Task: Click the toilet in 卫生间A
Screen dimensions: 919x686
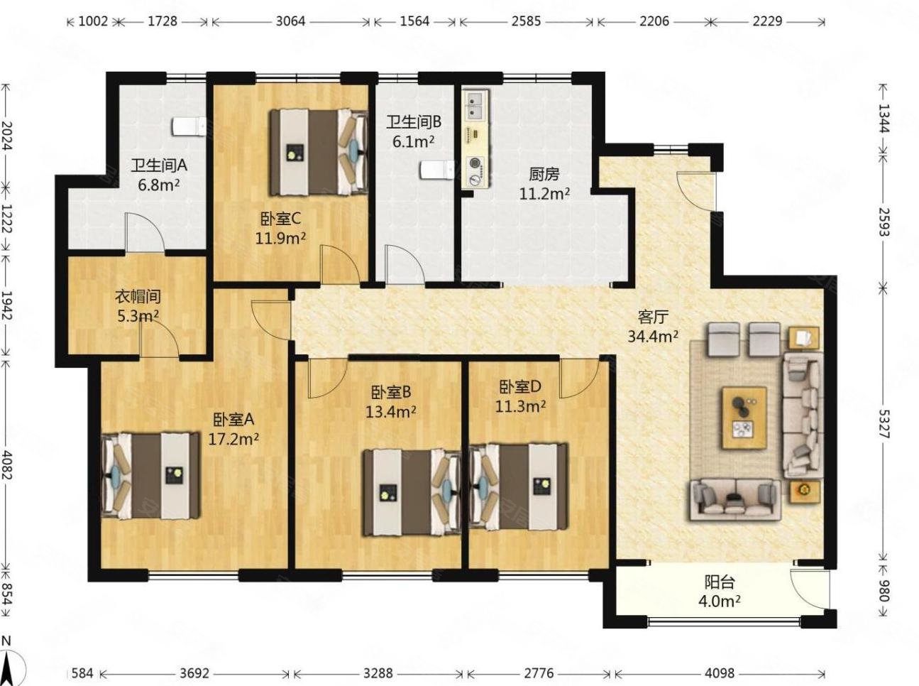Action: coord(188,127)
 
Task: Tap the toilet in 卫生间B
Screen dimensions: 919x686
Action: coord(437,170)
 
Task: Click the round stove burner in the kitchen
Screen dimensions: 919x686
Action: coord(475,163)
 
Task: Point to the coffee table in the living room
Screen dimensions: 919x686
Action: coord(744,418)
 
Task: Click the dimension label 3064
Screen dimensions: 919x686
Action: coord(290,21)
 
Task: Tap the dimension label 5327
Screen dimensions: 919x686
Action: coord(884,424)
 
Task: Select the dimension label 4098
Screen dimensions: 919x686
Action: coord(720,673)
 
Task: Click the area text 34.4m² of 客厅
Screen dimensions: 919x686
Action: coord(653,337)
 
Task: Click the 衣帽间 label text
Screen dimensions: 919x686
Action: coord(138,297)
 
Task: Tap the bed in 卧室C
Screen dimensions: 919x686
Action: coord(319,153)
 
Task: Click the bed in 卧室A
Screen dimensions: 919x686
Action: coord(150,476)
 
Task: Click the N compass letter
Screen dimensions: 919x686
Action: coord(6,641)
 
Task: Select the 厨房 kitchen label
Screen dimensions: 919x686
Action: coord(544,174)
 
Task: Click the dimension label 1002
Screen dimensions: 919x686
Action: coord(93,21)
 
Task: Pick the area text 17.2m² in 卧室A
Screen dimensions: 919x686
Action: coord(233,438)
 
